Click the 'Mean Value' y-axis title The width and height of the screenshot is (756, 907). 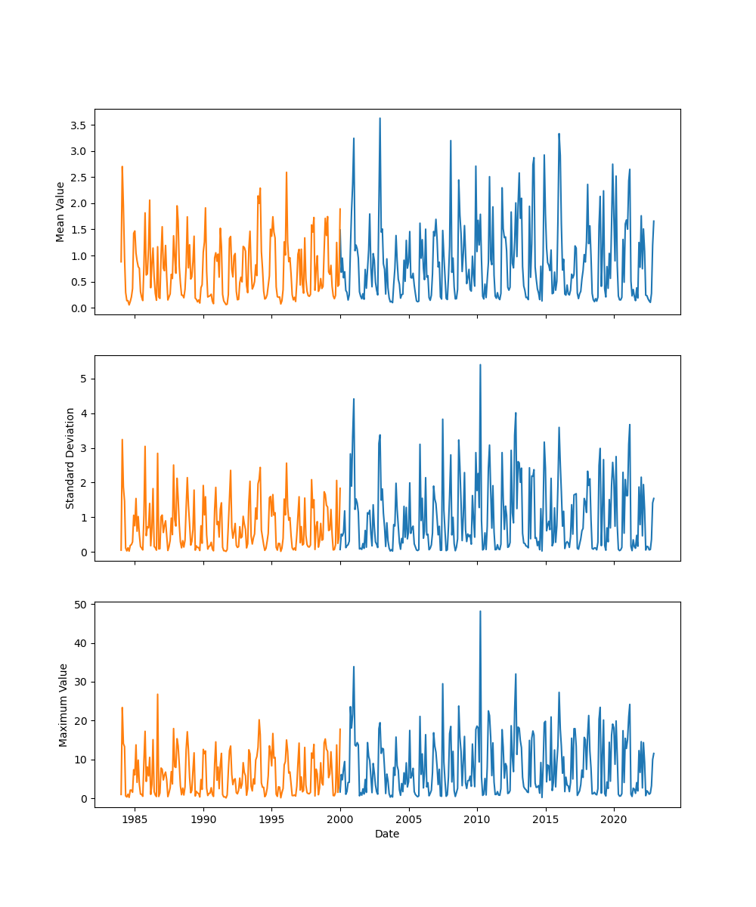point(60,212)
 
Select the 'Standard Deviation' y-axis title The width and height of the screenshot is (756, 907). point(70,458)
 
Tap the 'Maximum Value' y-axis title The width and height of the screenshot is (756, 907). point(64,705)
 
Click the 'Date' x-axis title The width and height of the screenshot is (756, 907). point(387,834)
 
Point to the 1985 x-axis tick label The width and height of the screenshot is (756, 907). point(135,819)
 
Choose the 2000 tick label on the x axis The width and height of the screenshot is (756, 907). point(340,819)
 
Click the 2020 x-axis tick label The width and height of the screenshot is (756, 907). point(614,819)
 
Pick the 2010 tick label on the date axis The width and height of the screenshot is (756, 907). point(477,819)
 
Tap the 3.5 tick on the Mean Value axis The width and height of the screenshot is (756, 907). point(78,125)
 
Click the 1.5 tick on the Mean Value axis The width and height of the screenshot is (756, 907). point(78,230)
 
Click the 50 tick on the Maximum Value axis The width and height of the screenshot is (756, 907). point(79,605)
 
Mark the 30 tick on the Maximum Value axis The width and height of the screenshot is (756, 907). point(79,682)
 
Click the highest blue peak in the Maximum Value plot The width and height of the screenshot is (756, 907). point(480,611)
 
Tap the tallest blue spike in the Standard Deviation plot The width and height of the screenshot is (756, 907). point(480,365)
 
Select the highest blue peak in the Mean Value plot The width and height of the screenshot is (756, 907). point(380,119)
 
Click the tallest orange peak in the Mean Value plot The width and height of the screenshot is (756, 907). point(122,167)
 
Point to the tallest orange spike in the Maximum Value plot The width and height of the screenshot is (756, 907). point(157,695)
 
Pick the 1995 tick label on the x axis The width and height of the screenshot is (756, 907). point(271,819)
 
